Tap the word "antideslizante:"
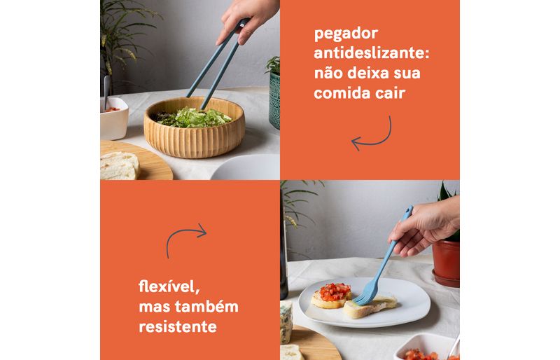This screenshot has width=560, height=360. [372, 53]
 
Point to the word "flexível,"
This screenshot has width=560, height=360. [169, 286]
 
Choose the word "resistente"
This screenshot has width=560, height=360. [178, 327]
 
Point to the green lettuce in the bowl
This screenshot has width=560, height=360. [194, 118]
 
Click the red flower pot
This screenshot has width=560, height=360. [446, 263]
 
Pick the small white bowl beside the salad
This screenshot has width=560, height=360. [114, 118]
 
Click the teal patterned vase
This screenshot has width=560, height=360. [274, 99]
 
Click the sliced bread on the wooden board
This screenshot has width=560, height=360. [119, 166]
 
